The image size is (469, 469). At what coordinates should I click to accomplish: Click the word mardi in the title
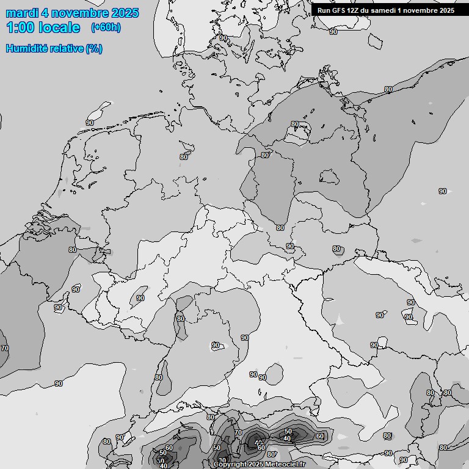tap(22, 13)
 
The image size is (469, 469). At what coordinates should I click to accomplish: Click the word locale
tap(57, 27)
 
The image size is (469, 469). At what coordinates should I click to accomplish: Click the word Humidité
tap(27, 49)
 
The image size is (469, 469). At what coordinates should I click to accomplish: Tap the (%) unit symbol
tap(94, 49)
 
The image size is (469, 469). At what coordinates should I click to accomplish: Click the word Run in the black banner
tap(324, 10)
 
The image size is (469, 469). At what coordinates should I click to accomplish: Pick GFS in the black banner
tap(340, 10)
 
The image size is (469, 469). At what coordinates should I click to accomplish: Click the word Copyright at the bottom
tap(230, 465)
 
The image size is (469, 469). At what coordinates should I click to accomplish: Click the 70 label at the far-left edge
tap(5, 348)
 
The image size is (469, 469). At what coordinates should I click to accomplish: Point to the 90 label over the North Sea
tap(90, 123)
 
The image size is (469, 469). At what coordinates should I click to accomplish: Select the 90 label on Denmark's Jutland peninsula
tap(223, 38)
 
